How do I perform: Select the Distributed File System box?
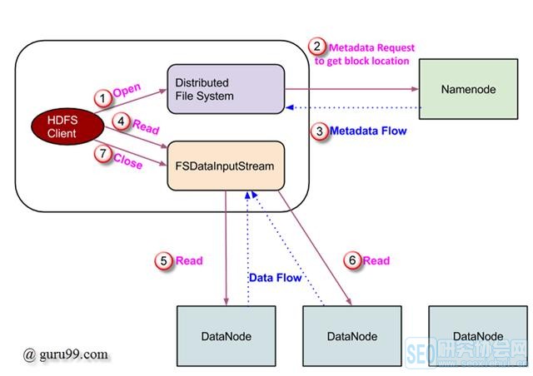tap(226, 89)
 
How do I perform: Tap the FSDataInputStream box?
tap(227, 166)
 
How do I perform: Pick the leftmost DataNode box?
tap(227, 335)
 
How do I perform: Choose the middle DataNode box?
tap(351, 335)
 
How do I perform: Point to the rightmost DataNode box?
tap(477, 335)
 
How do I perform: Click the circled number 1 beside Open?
tap(102, 97)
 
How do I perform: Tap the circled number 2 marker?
tap(316, 47)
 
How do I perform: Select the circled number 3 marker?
tap(317, 131)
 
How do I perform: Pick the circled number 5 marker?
tap(163, 261)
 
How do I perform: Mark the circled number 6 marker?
tap(352, 261)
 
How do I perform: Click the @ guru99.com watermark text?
tap(66, 354)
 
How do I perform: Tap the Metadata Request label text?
tap(371, 47)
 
